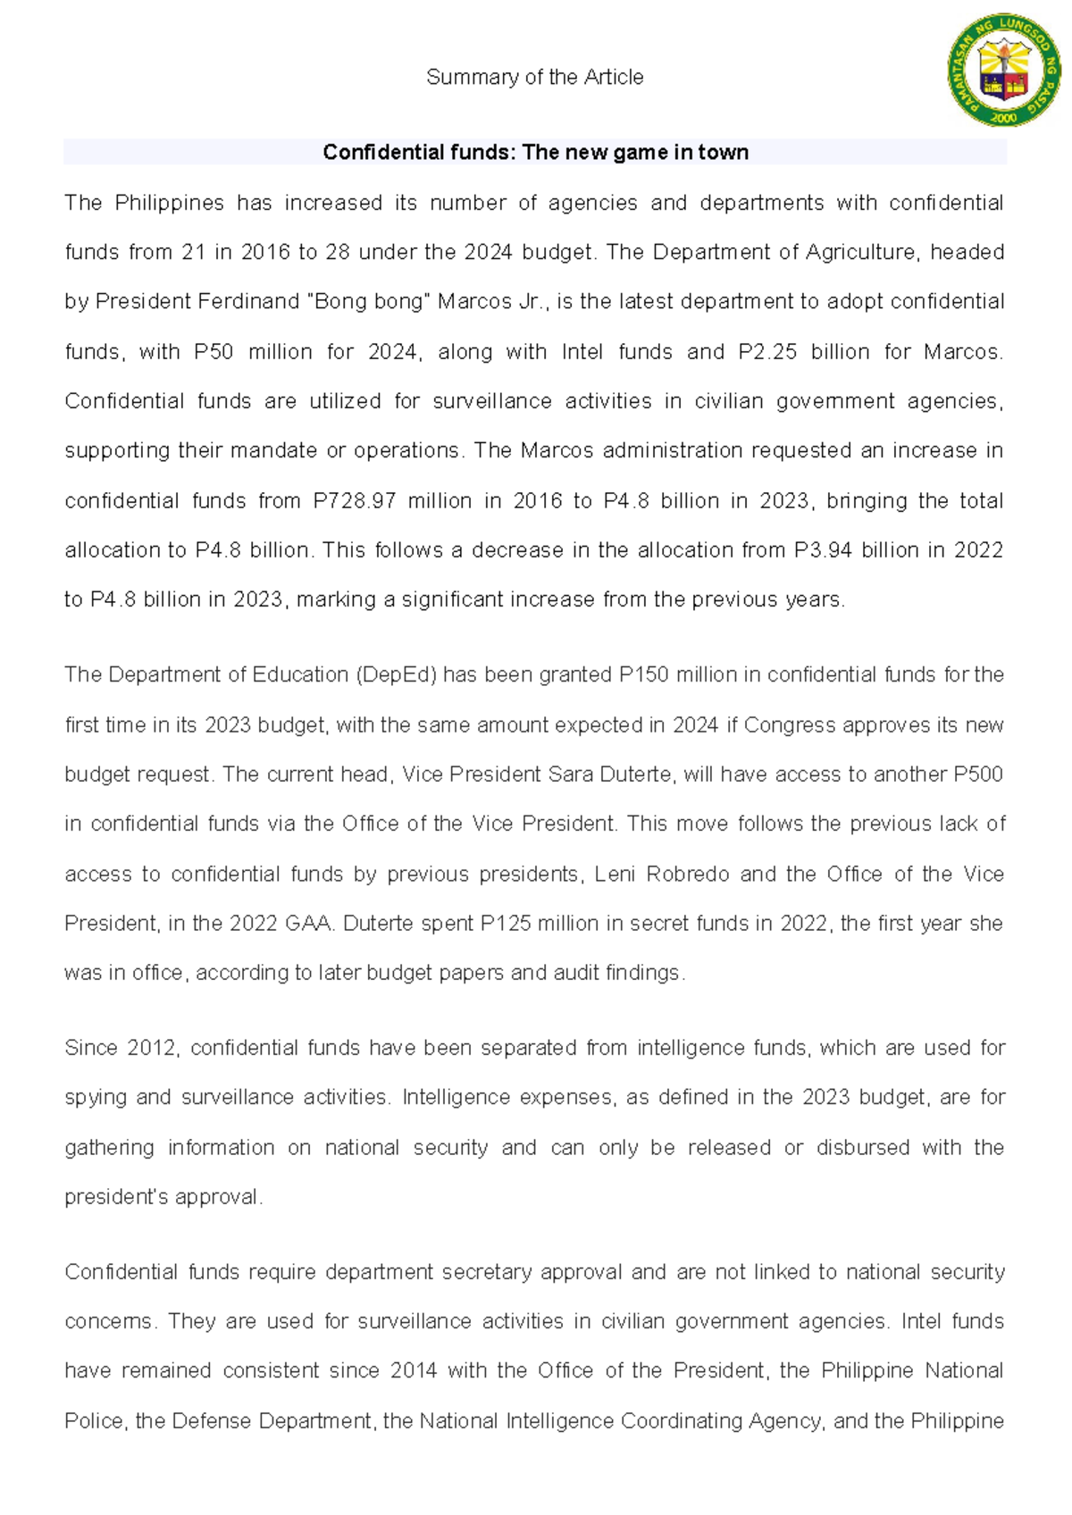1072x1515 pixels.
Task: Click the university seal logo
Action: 1004,69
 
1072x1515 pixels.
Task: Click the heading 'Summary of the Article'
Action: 534,78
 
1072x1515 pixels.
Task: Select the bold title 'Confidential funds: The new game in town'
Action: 535,153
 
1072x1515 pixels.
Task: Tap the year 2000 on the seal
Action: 1004,117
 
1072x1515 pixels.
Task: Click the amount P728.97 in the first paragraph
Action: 354,501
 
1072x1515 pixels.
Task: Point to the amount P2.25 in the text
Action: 767,352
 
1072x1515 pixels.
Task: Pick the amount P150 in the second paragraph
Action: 643,674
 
